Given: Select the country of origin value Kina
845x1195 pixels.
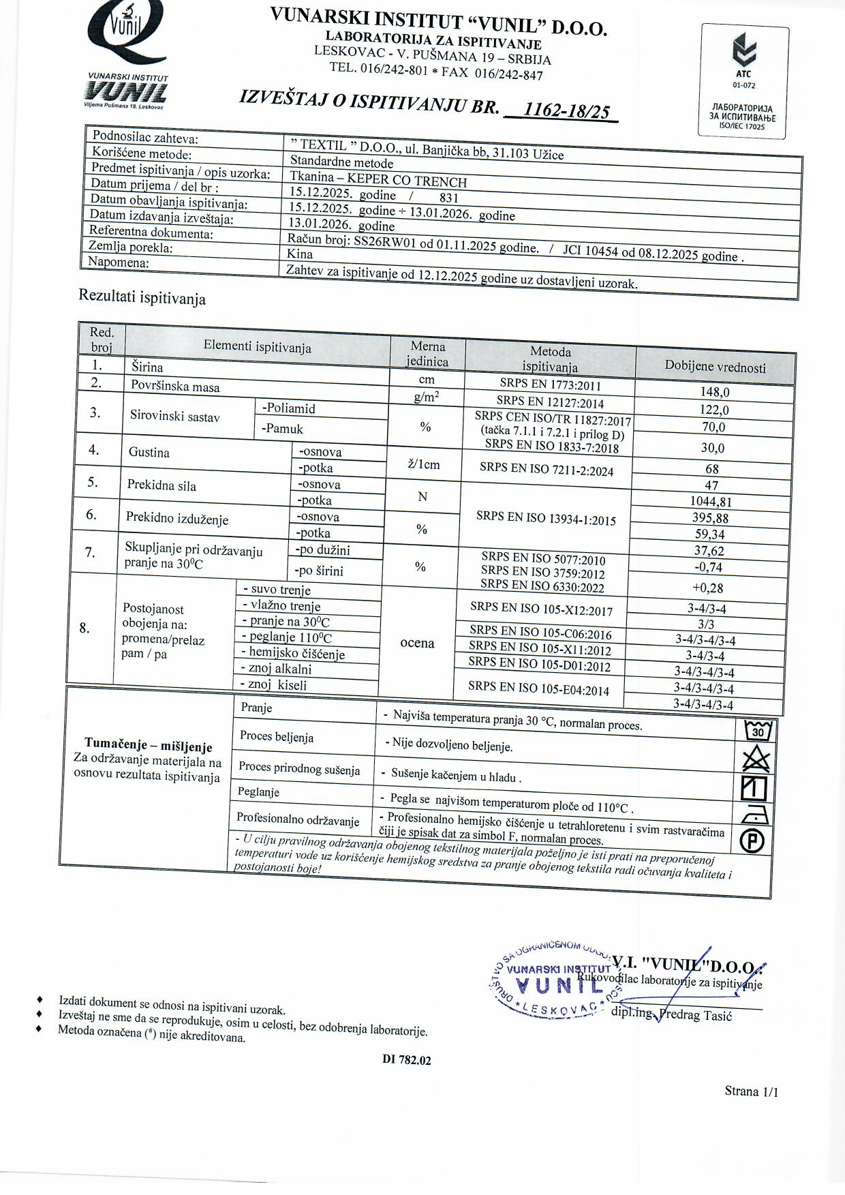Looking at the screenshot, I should click(300, 254).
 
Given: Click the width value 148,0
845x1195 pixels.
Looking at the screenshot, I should click(714, 392).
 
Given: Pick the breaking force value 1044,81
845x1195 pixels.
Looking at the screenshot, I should click(711, 502).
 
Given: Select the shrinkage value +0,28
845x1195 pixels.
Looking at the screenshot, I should click(707, 588).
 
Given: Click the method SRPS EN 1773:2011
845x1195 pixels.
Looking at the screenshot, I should click(550, 385).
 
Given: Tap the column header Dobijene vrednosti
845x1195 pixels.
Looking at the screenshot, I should click(715, 367).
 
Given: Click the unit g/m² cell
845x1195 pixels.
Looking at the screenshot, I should click(427, 397).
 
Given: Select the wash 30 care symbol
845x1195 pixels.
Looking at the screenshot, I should click(757, 731).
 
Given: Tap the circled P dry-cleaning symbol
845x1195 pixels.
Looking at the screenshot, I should click(752, 841).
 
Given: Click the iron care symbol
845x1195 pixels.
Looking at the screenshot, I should click(754, 814).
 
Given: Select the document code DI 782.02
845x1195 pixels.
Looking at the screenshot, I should click(407, 1060).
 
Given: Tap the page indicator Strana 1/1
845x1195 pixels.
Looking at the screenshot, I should click(751, 1091).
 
